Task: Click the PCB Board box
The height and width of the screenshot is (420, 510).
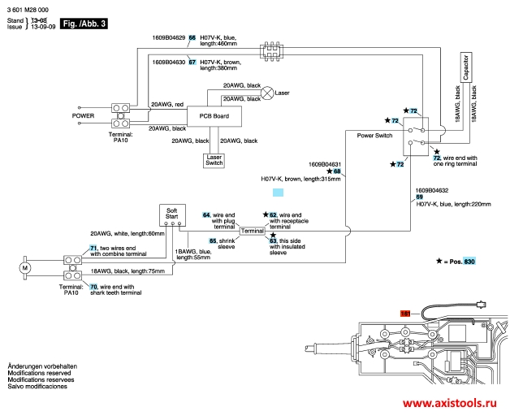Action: tap(214, 117)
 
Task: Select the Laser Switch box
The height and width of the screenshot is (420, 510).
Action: tap(214, 159)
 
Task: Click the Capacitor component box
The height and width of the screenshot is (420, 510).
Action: tap(465, 70)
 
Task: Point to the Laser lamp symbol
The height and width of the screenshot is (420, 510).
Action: tap(267, 93)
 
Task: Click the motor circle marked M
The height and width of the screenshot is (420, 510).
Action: tap(24, 266)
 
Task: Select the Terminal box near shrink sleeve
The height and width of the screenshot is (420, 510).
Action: tap(253, 232)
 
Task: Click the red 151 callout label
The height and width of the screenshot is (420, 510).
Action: tap(407, 313)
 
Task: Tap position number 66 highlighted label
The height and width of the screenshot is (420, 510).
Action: tap(192, 37)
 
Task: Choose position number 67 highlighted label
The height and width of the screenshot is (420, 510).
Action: tap(192, 62)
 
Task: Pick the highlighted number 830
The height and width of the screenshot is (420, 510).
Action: tap(469, 262)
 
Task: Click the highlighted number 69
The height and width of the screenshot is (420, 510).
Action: tap(419, 197)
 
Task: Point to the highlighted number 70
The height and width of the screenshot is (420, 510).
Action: tap(94, 287)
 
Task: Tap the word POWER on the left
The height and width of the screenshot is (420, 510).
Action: tap(84, 115)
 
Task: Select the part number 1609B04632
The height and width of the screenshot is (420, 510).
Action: tap(431, 189)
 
